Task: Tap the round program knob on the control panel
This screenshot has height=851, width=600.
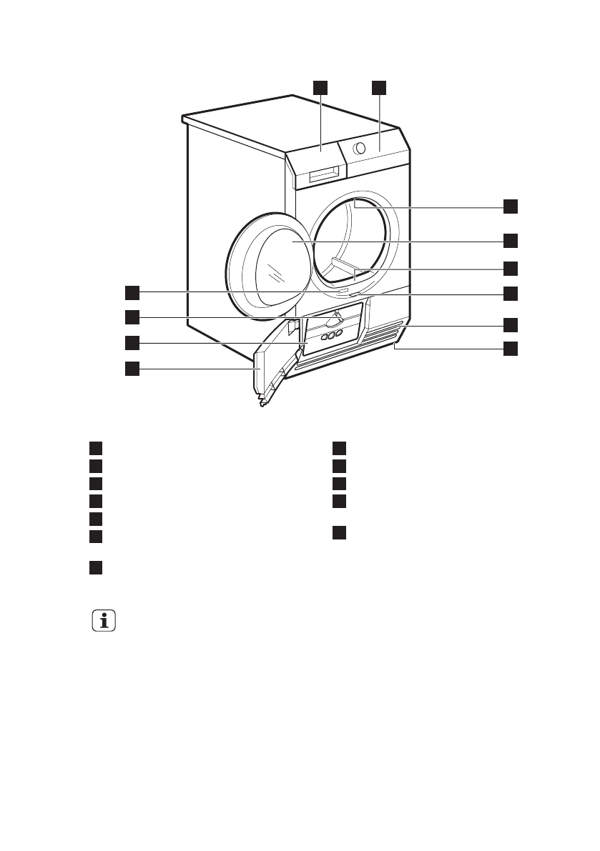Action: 360,149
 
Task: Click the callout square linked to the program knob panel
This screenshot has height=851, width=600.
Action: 378,87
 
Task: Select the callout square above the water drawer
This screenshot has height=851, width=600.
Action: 320,87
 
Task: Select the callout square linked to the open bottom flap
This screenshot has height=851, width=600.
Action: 132,369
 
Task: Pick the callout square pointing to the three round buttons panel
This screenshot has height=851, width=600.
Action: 132,343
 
